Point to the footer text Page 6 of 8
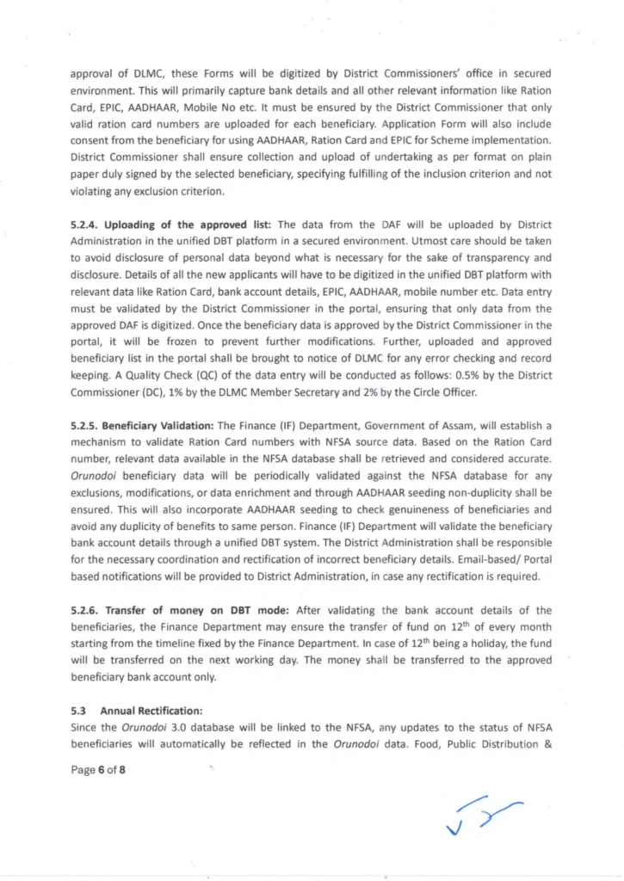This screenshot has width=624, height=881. tap(98, 770)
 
